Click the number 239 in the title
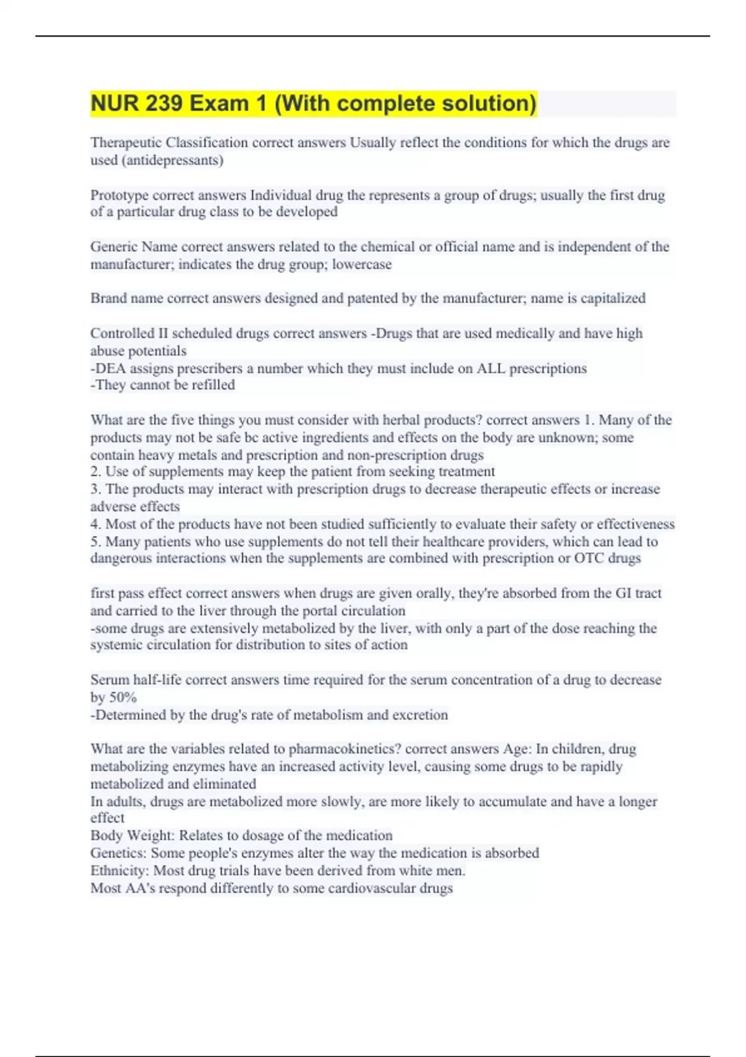[164, 103]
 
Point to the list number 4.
[95, 524]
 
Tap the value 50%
[122, 698]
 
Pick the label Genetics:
[119, 853]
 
